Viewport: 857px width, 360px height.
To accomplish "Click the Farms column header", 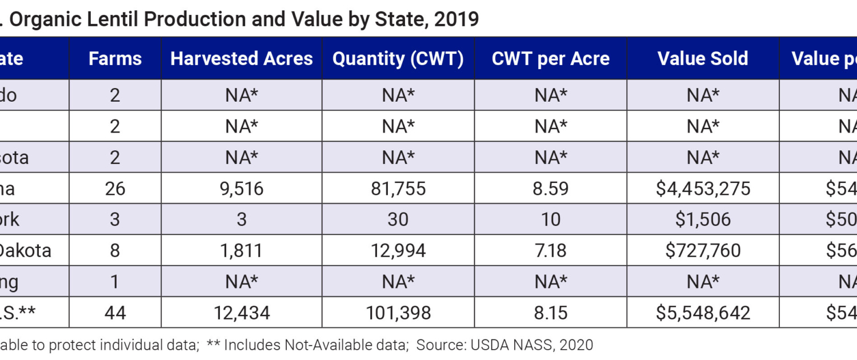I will [x=115, y=58].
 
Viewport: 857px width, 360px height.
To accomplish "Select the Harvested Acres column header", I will [x=242, y=58].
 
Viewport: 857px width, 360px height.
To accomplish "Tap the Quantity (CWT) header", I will [x=398, y=58].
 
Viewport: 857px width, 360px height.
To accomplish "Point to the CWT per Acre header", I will [x=551, y=58].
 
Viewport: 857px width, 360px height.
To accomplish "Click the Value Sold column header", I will [x=703, y=58].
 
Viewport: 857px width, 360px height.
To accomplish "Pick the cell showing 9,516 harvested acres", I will [x=242, y=189].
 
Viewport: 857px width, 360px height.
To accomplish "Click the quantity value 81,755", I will [x=398, y=189].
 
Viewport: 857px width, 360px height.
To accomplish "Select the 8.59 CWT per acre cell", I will [x=551, y=189].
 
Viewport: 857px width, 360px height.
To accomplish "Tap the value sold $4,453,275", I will [x=703, y=189].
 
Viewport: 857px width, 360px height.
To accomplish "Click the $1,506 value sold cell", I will [x=703, y=219].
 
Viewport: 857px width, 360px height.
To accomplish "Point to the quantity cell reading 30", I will [x=398, y=219].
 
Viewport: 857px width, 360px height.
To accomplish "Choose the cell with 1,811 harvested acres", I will [x=242, y=250].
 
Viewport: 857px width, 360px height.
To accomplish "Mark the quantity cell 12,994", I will [x=398, y=250].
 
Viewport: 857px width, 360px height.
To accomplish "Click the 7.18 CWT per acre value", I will [x=551, y=250].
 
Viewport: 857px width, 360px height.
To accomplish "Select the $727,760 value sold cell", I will [x=703, y=250].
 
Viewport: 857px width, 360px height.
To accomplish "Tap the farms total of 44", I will [x=115, y=313].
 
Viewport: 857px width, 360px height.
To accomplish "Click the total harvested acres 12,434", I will [x=242, y=313].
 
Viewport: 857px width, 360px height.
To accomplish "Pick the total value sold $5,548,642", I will [x=703, y=313].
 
